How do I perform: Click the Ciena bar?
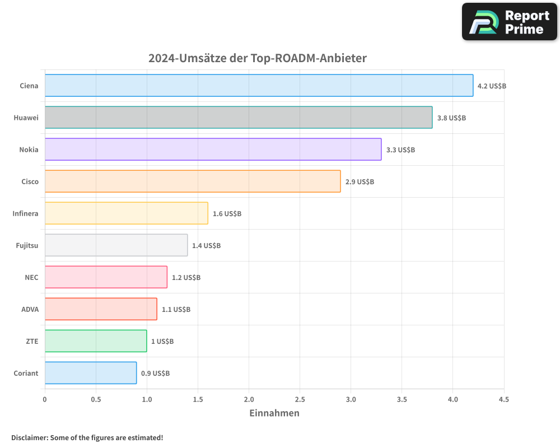pyautogui.click(x=259, y=86)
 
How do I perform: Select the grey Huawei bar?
pyautogui.click(x=239, y=118)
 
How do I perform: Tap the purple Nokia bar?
pyautogui.click(x=213, y=150)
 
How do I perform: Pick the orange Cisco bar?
pyautogui.click(x=193, y=181)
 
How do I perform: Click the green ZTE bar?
pyautogui.click(x=96, y=341)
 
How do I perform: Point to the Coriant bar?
pyautogui.click(x=91, y=373)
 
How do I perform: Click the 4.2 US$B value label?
pyautogui.click(x=492, y=86)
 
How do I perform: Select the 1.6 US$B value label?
pyautogui.click(x=227, y=214)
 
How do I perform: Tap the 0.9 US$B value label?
pyautogui.click(x=155, y=374)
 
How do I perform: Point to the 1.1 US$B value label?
pyautogui.click(x=176, y=310)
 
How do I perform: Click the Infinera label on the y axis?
pyautogui.click(x=25, y=213)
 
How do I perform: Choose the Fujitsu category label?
pyautogui.click(x=27, y=245)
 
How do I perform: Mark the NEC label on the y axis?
pyautogui.click(x=31, y=277)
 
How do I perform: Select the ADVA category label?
pyautogui.click(x=30, y=309)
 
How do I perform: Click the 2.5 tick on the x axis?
pyautogui.click(x=300, y=400)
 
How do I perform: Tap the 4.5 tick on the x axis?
pyautogui.click(x=503, y=400)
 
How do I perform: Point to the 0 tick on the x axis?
pyautogui.click(x=45, y=400)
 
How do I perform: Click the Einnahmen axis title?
pyautogui.click(x=274, y=413)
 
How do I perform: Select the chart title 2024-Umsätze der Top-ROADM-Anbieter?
pyautogui.click(x=258, y=58)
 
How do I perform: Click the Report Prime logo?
pyautogui.click(x=510, y=22)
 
